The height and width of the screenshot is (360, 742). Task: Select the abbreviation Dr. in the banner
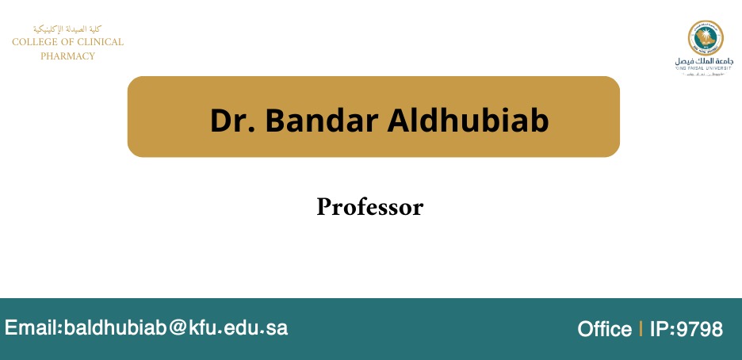click(231, 120)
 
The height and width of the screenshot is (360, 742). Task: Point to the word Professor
click(370, 207)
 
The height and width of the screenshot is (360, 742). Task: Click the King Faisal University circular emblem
click(705, 38)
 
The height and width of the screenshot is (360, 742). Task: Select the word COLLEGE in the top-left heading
click(37, 42)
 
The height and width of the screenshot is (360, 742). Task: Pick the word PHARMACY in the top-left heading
click(67, 56)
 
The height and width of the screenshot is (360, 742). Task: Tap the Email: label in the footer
click(33, 327)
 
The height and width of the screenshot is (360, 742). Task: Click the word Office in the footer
click(604, 329)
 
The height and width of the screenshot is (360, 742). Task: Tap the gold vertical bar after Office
click(640, 329)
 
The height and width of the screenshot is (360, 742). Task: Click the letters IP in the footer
click(658, 329)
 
